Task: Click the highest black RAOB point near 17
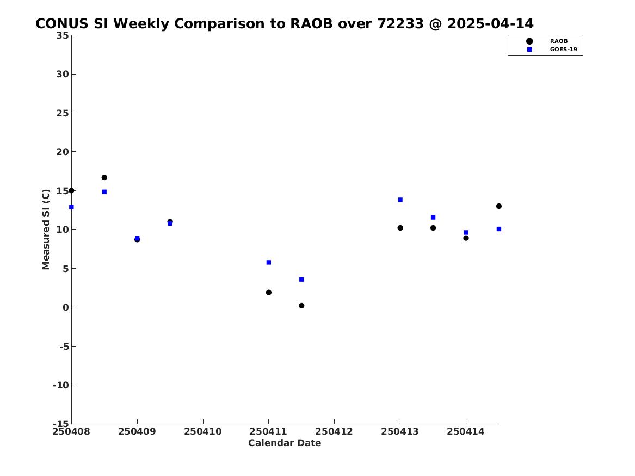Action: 104,177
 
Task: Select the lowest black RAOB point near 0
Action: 301,306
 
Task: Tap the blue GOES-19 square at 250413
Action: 400,200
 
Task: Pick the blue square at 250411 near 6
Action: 268,262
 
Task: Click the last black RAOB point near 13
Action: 498,206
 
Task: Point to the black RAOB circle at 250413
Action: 400,228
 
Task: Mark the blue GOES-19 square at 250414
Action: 466,233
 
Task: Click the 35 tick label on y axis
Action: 63,35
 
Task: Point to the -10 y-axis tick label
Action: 61,385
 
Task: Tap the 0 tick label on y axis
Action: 66,307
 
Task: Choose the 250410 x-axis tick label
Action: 203,431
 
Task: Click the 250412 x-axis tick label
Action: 334,431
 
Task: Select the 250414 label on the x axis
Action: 466,431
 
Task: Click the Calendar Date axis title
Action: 285,443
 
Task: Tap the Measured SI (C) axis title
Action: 46,230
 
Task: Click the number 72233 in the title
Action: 400,24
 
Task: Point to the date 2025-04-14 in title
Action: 490,24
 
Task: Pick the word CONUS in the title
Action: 61,24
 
